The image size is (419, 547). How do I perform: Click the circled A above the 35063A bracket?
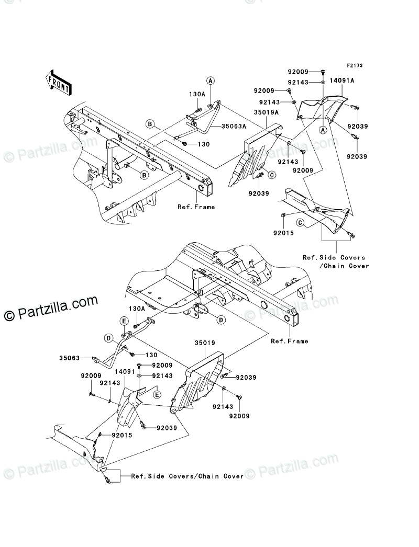[x=210, y=81]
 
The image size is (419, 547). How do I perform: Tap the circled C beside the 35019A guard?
[x=272, y=175]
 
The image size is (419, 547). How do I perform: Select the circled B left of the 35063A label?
[x=150, y=124]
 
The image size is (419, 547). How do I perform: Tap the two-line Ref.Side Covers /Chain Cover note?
[x=335, y=261]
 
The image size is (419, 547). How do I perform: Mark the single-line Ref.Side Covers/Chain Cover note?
[x=187, y=476]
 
